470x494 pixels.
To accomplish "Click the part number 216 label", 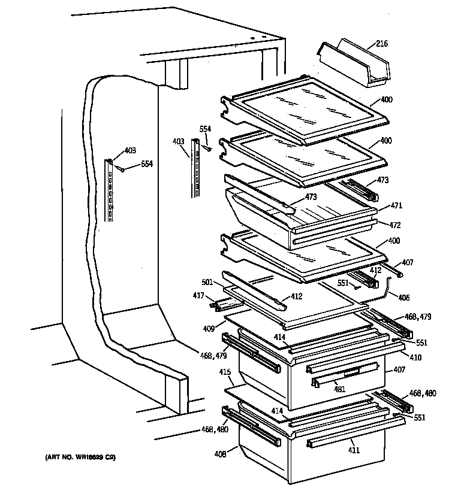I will point(381,43).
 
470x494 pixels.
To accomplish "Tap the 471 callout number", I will point(396,205).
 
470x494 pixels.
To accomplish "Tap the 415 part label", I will point(225,372).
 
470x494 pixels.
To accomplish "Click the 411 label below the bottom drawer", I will point(354,450).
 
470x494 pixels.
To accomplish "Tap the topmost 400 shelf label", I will point(386,99).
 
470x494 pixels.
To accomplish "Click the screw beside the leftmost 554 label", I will point(120,169).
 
